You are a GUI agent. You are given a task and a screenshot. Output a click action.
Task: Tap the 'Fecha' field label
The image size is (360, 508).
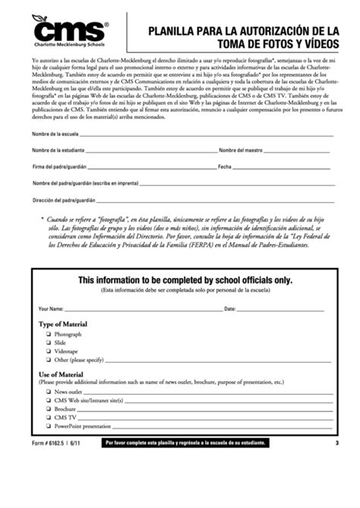tap(225, 166)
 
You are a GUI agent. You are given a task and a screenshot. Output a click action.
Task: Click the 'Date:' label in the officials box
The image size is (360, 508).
tap(231, 309)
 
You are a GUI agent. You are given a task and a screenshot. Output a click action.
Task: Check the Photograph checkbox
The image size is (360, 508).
tap(48, 334)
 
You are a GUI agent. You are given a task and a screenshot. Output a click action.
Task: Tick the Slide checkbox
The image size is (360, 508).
tap(48, 343)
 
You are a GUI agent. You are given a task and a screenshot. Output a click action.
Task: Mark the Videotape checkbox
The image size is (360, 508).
tap(48, 352)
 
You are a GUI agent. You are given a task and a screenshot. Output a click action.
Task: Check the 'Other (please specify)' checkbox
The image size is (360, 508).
tap(48, 360)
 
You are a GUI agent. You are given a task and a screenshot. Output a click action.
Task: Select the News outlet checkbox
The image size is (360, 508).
tap(48, 391)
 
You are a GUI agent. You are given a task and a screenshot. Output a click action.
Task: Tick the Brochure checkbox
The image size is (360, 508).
tap(48, 409)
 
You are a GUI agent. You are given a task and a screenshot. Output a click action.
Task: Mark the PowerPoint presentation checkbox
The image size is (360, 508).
tap(48, 426)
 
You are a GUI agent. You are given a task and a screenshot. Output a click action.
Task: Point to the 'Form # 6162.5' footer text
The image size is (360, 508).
tap(48, 443)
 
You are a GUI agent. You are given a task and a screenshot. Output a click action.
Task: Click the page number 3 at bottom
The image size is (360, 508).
tap(335, 443)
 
